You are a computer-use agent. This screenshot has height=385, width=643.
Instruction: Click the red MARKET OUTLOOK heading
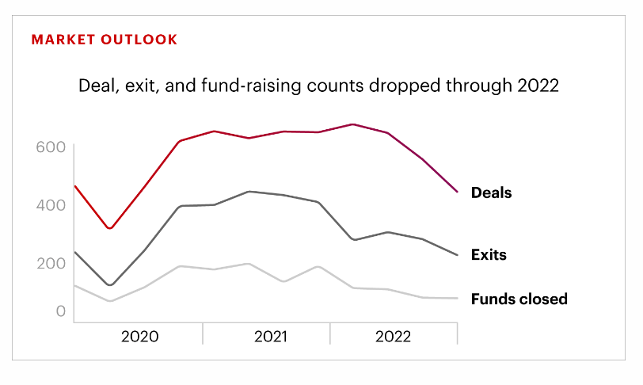click(105, 40)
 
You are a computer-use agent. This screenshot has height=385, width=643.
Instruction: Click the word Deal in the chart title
click(95, 86)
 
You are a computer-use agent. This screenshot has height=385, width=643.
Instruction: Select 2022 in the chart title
click(538, 86)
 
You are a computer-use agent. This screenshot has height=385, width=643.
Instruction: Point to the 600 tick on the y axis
click(49, 147)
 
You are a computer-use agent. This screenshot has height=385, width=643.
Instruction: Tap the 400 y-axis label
click(49, 205)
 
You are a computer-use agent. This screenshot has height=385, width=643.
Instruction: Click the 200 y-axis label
click(49, 263)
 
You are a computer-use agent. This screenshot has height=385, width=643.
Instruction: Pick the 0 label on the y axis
click(60, 311)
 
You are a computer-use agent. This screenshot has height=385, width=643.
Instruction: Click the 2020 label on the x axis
click(139, 336)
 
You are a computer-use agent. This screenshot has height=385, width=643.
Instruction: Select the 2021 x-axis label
click(271, 336)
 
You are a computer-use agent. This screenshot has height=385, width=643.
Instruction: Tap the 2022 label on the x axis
click(393, 336)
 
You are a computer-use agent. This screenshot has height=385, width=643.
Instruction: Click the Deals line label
click(491, 192)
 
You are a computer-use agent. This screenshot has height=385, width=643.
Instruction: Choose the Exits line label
click(489, 255)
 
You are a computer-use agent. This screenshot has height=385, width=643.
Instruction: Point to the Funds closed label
click(519, 299)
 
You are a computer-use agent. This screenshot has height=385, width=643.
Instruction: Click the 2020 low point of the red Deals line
click(110, 229)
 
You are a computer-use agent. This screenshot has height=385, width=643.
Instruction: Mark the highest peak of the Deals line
click(352, 124)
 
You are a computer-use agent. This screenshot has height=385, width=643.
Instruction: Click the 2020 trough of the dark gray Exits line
click(110, 285)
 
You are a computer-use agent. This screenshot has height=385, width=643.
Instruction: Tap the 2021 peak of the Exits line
click(249, 192)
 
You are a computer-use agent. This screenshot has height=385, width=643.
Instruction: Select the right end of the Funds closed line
click(458, 299)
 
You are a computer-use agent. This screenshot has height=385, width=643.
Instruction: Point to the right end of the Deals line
click(458, 192)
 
